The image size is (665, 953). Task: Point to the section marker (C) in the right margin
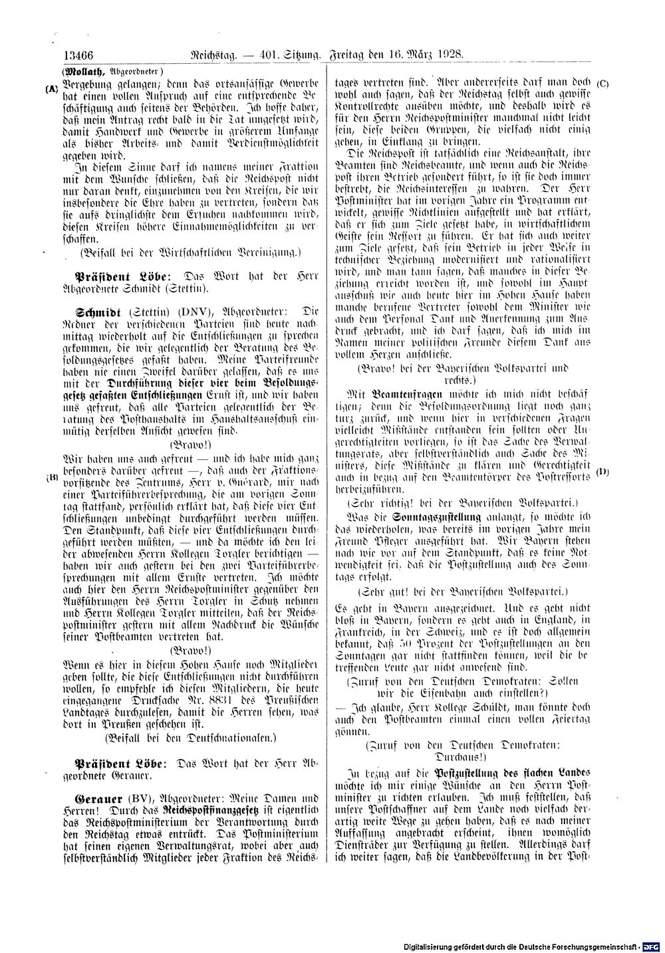coord(603,83)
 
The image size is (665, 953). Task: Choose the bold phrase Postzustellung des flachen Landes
coord(512,774)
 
